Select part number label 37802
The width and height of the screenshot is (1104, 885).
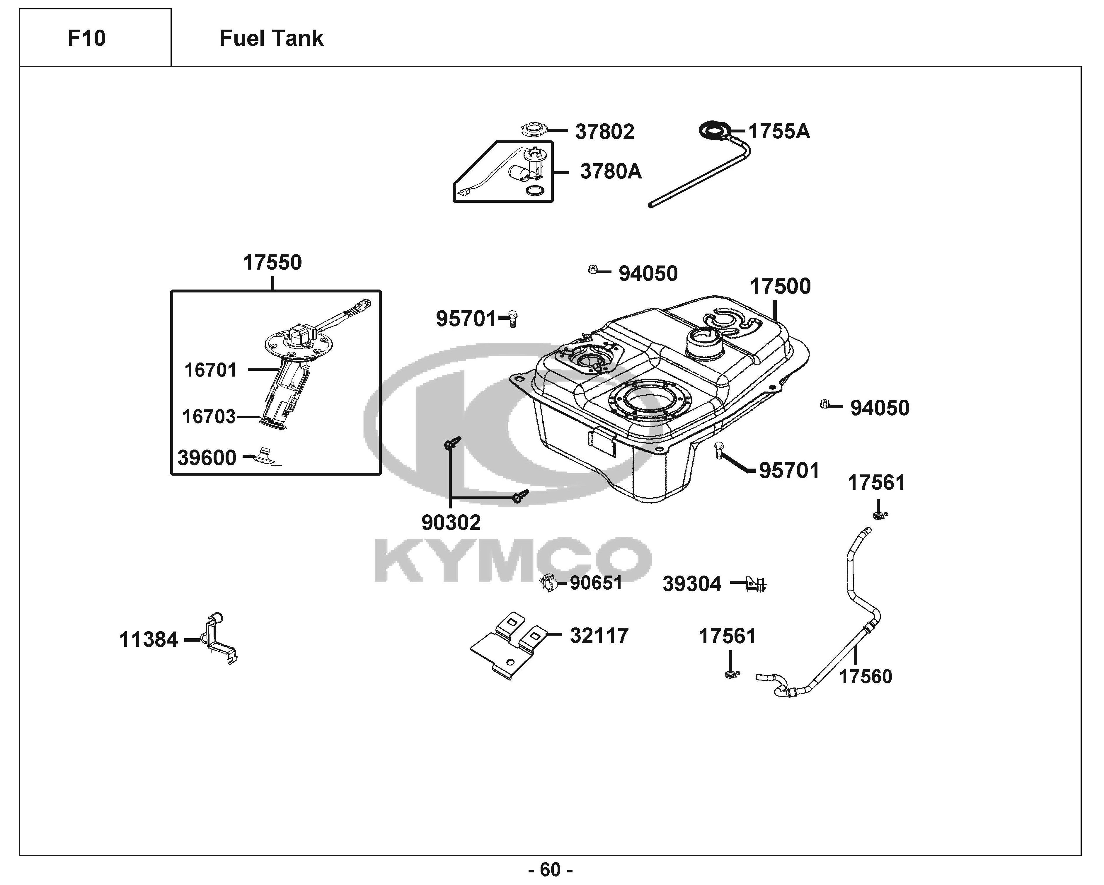click(x=605, y=132)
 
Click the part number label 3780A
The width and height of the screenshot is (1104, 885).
click(x=610, y=171)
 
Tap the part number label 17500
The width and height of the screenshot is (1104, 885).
click(x=780, y=286)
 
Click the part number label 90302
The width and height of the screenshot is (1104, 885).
click(x=451, y=523)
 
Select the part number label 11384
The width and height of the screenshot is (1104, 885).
click(x=149, y=640)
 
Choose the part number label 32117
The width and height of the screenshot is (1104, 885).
click(x=599, y=636)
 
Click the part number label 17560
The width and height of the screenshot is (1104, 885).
click(x=866, y=677)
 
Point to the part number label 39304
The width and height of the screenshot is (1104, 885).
click(x=692, y=584)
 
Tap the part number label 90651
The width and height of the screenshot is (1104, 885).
click(x=596, y=583)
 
